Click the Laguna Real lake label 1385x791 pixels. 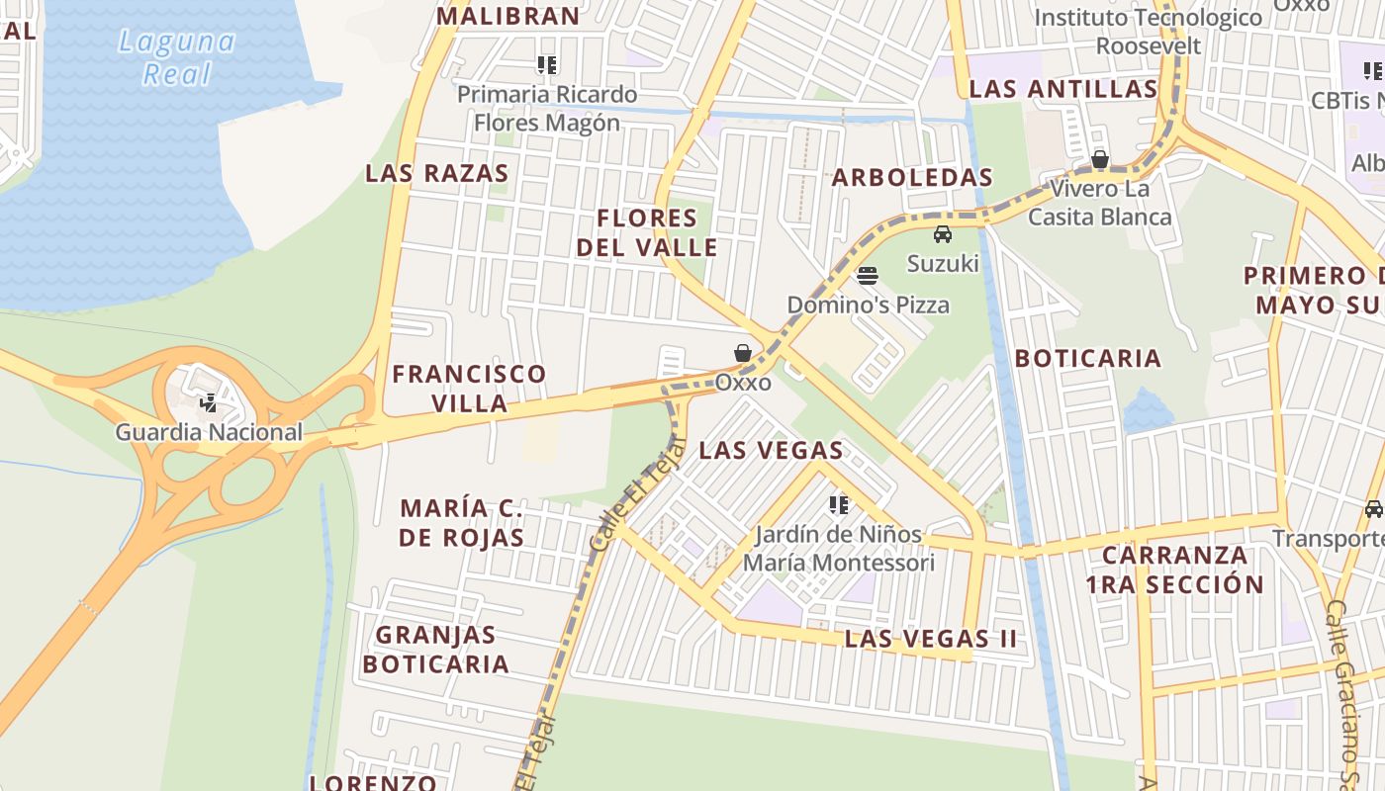coord(177,57)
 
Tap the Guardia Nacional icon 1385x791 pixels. coord(208,403)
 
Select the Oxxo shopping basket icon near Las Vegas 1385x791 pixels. coord(743,353)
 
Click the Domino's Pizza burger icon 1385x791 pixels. coord(868,276)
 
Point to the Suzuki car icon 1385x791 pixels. coord(943,234)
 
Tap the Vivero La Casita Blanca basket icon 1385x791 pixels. coord(1099,159)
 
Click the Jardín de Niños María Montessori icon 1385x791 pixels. coord(839,505)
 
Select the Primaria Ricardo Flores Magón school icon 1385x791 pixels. coord(547,65)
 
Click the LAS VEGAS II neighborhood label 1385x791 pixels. coord(930,639)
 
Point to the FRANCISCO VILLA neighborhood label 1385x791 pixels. coord(469,388)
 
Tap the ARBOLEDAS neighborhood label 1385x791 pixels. coord(911,177)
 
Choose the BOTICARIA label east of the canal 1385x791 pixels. coord(1087,358)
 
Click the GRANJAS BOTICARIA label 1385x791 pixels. coord(435,649)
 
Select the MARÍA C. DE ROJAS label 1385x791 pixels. coord(462,523)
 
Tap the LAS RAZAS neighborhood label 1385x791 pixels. coord(436,173)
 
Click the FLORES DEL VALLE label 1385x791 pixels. coord(647,232)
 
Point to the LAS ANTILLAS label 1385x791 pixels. coord(1062,89)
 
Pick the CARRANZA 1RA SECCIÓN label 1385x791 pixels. coord(1174,570)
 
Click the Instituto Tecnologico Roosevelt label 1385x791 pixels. coord(1149,32)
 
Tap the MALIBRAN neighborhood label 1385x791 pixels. coord(508,16)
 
